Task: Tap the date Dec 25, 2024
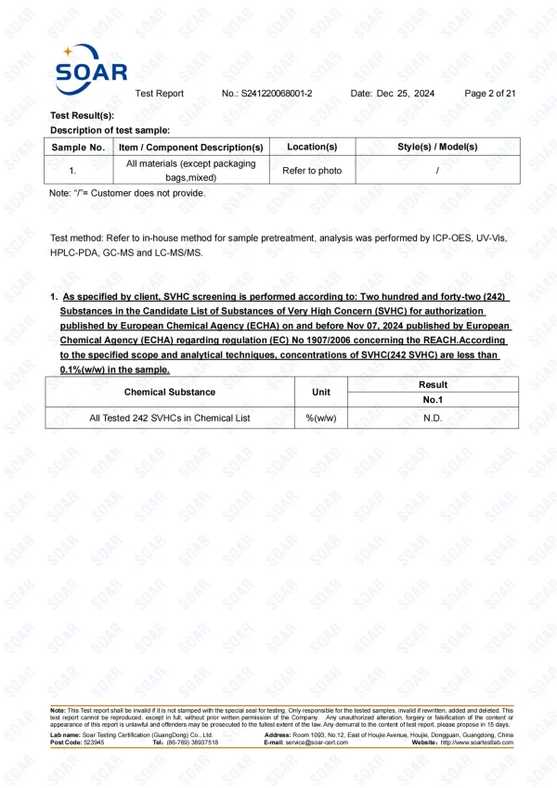pos(406,94)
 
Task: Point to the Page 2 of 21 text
pos(489,94)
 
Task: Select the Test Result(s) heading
pos(83,115)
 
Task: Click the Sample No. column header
pos(78,147)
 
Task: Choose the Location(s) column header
pos(312,147)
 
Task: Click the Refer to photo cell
pos(312,171)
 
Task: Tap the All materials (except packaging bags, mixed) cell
pos(190,171)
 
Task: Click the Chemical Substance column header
pos(170,393)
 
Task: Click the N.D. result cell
pos(433,418)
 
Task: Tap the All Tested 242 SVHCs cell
pos(170,418)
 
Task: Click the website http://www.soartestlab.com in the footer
pos(476,743)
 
